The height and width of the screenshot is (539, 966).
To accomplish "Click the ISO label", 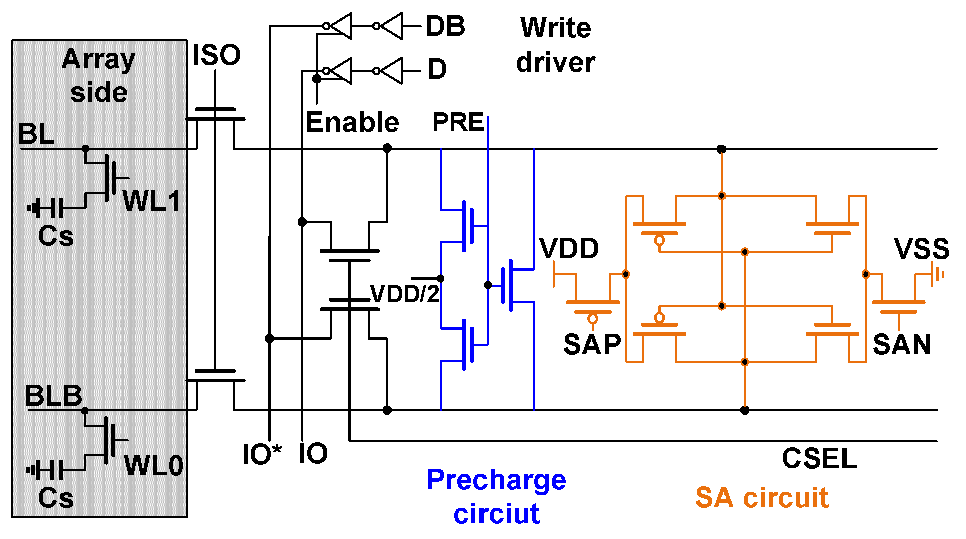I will (216, 55).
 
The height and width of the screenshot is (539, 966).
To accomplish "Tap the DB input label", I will (445, 26).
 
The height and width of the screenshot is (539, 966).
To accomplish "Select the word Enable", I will (352, 122).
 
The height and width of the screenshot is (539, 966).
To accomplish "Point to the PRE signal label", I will (458, 122).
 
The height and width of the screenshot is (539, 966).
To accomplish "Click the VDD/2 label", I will (404, 294).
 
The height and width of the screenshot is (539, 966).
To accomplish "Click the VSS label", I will (921, 249).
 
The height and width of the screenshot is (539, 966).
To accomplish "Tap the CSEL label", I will (819, 458).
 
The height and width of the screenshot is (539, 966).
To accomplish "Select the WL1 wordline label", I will (151, 201).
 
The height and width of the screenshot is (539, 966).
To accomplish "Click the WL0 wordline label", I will (153, 465).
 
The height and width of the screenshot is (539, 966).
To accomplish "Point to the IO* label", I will (262, 454).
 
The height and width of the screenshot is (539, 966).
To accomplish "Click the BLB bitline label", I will (53, 396).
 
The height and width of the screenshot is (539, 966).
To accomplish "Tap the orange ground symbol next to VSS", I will (937, 275).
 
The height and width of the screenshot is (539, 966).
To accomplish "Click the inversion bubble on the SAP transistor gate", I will (592, 319).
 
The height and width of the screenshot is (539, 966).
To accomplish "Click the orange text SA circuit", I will (762, 498).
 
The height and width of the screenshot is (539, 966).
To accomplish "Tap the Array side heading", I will (98, 75).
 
